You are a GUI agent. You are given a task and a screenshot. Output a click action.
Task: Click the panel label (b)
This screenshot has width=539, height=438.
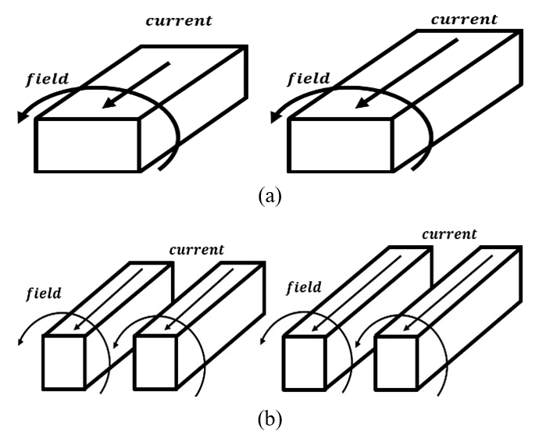tap(270, 420)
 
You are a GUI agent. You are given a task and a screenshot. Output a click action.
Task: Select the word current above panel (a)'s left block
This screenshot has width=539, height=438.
tap(179, 20)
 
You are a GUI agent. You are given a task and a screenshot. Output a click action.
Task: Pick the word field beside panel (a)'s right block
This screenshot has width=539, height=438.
tap(309, 79)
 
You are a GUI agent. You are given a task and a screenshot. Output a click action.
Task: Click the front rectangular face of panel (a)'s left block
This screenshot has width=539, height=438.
tap(87, 145)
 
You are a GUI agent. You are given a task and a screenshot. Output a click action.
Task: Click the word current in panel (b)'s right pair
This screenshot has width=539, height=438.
tap(449, 235)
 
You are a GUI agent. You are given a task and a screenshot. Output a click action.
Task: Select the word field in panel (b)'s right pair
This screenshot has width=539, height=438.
tap(304, 287)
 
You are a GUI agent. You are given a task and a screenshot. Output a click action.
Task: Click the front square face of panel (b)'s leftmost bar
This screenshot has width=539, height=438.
tap(64, 361)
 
